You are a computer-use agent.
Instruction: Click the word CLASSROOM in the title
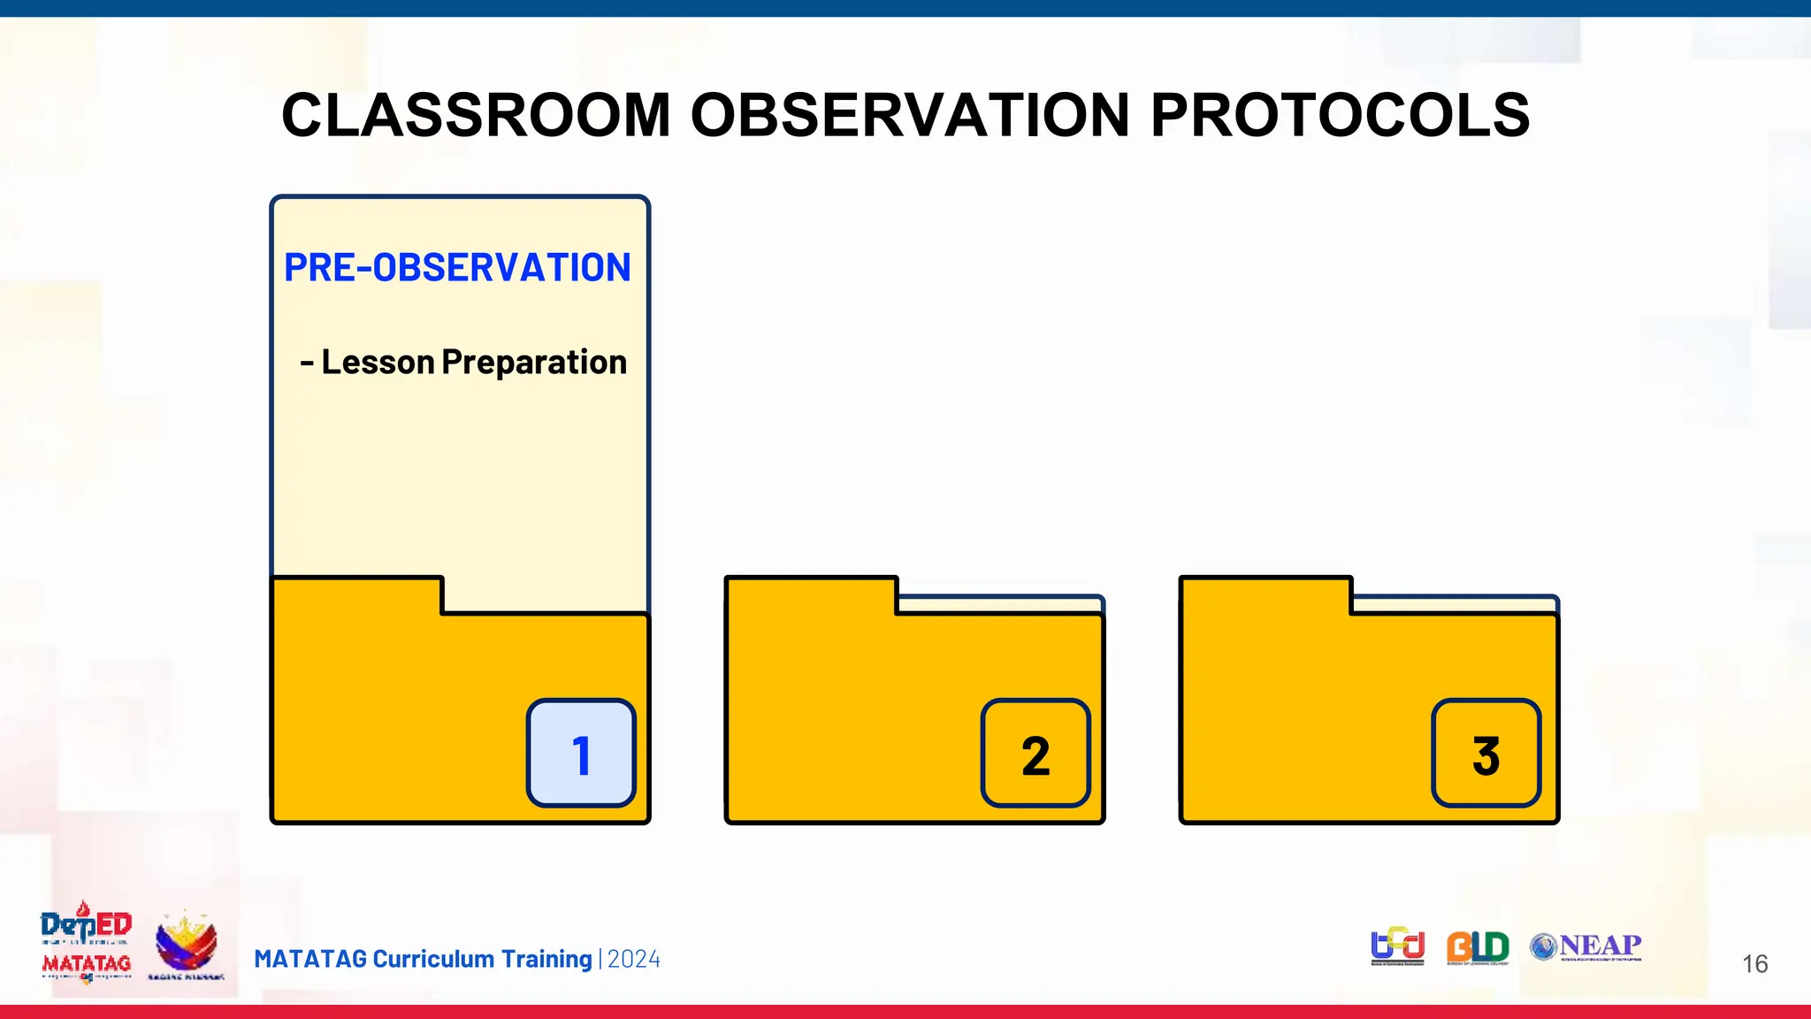tap(476, 116)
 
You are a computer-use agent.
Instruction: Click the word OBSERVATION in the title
tap(909, 116)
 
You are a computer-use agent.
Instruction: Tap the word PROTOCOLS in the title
tap(1339, 116)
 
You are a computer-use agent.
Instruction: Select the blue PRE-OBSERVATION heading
tap(457, 268)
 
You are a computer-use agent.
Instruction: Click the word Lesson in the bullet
tap(378, 363)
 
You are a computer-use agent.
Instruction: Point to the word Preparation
tap(534, 363)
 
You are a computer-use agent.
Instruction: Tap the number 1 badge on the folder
tap(581, 754)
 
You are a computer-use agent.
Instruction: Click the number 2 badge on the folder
tap(1035, 754)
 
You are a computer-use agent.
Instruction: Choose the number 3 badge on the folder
tap(1486, 754)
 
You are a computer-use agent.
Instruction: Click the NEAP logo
tap(1586, 946)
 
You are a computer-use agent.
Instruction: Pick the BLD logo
tap(1477, 946)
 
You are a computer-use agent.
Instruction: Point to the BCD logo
tap(1397, 946)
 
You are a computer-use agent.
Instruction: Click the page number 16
tap(1754, 963)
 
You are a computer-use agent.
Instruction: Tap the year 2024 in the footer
tap(634, 959)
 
